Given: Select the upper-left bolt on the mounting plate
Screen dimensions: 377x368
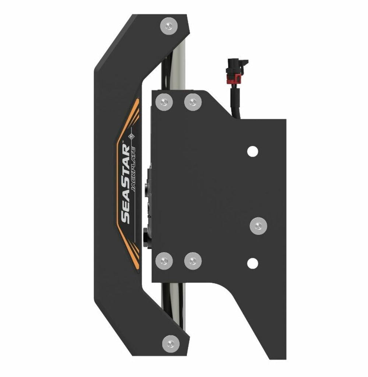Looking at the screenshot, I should (164, 102).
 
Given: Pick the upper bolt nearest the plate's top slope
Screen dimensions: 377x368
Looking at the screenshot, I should (193, 102).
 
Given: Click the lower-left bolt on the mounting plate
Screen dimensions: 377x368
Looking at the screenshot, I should (164, 261).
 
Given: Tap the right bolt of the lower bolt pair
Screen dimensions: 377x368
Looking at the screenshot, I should (193, 261).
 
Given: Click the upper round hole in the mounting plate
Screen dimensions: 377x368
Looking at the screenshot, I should (252, 151).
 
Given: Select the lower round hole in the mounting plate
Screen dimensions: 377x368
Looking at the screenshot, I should (252, 263).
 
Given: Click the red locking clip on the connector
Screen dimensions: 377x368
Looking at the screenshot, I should (235, 78).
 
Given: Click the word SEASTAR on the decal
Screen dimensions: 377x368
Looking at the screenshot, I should (125, 184).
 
